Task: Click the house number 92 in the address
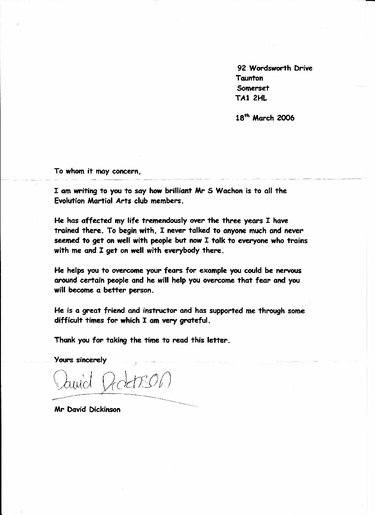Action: [x=242, y=68]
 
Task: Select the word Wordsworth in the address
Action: [x=270, y=68]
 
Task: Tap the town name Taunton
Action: [x=250, y=78]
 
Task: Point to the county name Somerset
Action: [x=253, y=88]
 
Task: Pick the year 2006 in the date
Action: [x=286, y=118]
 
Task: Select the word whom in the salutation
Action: [x=75, y=172]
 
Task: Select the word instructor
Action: [x=153, y=311]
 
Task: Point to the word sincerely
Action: [x=91, y=360]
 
